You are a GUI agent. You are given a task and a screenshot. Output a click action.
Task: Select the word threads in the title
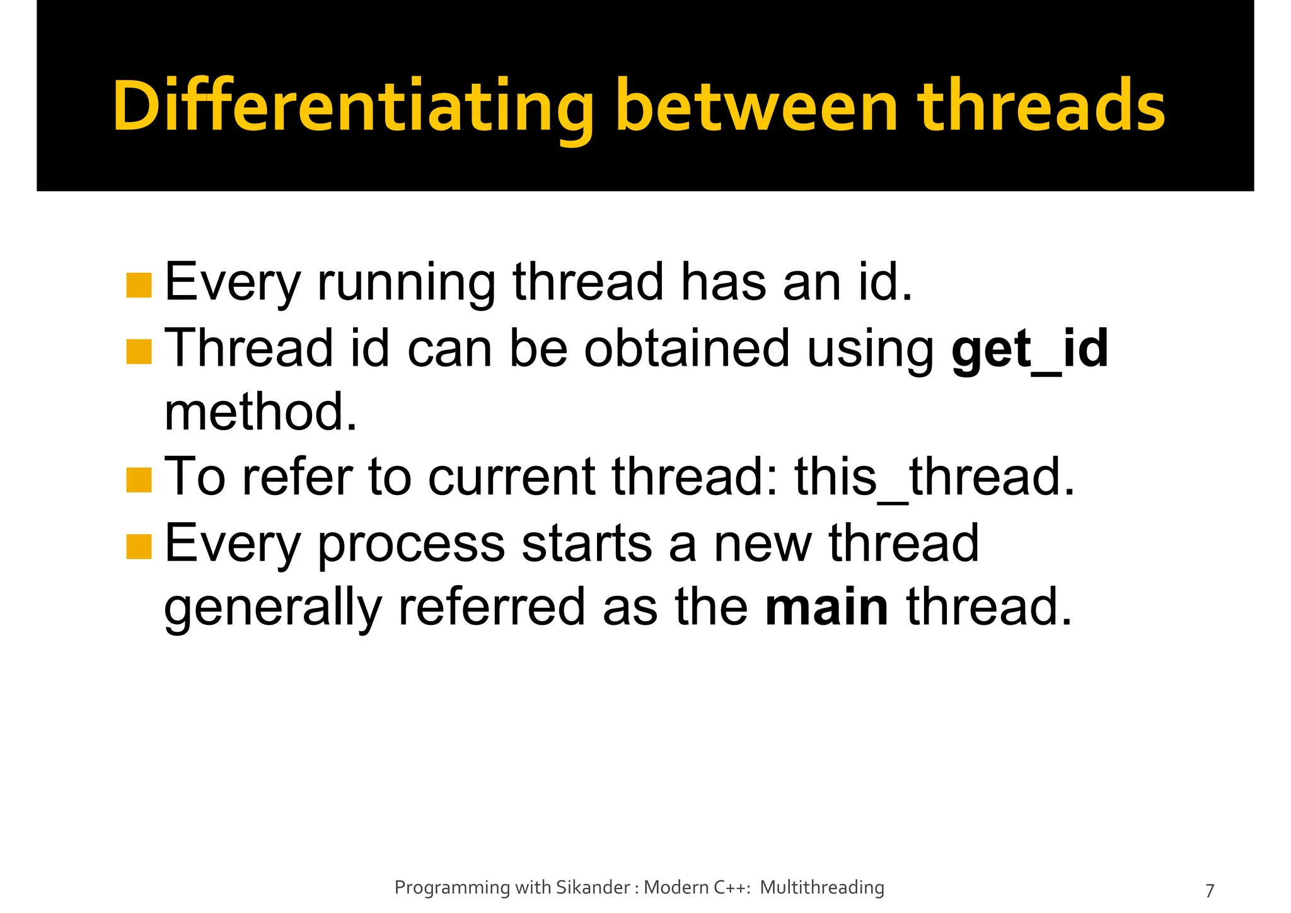(x=1041, y=107)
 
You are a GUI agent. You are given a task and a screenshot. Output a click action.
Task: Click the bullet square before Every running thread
(x=139, y=285)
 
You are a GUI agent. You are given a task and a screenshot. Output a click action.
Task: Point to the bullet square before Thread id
(x=139, y=352)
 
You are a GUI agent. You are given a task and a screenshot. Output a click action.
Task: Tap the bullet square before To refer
(x=139, y=480)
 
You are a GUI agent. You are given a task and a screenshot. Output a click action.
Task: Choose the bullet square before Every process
(x=139, y=547)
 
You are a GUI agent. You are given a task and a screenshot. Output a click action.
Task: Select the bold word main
(x=826, y=607)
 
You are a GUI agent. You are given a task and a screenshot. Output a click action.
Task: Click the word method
(x=260, y=412)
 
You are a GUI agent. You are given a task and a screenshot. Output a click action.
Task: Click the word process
(x=411, y=545)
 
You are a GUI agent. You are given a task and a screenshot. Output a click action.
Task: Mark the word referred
(x=491, y=607)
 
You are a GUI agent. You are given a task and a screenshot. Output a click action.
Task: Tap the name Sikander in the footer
(x=592, y=888)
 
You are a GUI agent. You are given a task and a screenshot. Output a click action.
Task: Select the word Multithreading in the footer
(x=822, y=888)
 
